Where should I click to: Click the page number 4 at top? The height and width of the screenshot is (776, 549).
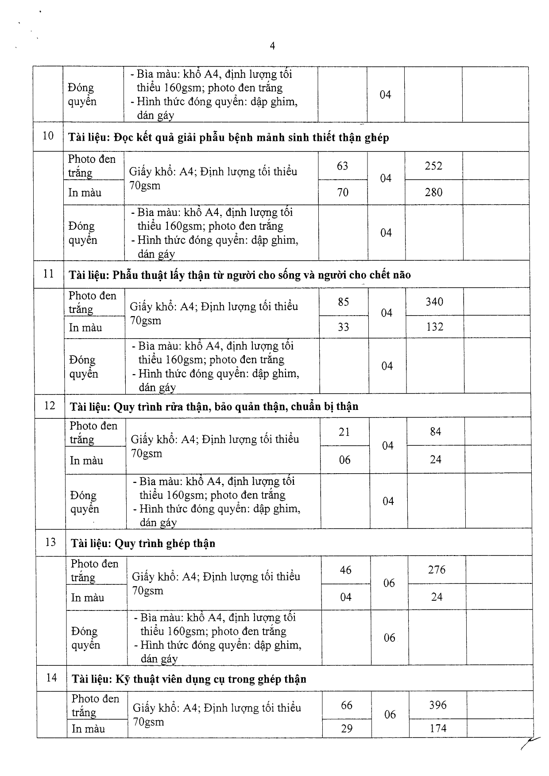click(x=272, y=46)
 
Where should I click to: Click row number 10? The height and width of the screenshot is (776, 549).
click(x=48, y=136)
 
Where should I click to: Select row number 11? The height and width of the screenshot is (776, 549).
click(x=49, y=274)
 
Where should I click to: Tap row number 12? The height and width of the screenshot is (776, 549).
click(x=50, y=405)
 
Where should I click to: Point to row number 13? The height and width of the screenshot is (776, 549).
click(x=50, y=542)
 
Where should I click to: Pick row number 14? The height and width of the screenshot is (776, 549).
click(x=51, y=677)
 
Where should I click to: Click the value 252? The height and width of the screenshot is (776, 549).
click(x=433, y=166)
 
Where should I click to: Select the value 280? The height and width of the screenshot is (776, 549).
click(x=433, y=192)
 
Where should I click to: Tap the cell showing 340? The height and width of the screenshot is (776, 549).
click(x=434, y=302)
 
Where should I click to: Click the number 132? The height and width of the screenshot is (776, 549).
click(x=435, y=327)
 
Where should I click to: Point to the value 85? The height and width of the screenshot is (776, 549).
click(x=344, y=302)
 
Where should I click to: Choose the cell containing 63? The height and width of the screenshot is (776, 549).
click(x=343, y=166)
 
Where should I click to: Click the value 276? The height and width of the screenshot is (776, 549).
click(x=437, y=570)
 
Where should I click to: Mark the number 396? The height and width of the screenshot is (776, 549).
click(x=437, y=705)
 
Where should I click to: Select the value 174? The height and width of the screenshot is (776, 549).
click(x=438, y=728)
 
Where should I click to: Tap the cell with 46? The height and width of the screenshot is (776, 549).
click(x=346, y=570)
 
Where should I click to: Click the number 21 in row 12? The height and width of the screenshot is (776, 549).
click(x=344, y=432)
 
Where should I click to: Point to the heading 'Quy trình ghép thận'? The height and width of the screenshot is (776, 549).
click(x=165, y=543)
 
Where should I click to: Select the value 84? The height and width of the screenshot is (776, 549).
click(x=436, y=432)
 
